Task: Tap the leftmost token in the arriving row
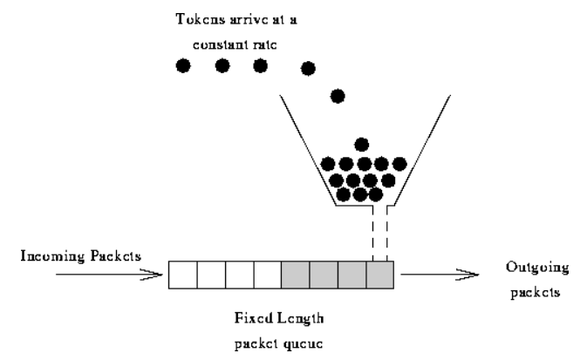183,65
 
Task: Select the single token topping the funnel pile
362,145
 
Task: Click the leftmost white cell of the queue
182,275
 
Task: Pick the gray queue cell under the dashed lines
380,275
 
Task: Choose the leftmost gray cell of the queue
295,275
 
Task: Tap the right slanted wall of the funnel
422,149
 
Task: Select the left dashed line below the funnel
372,234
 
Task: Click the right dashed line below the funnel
387,234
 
